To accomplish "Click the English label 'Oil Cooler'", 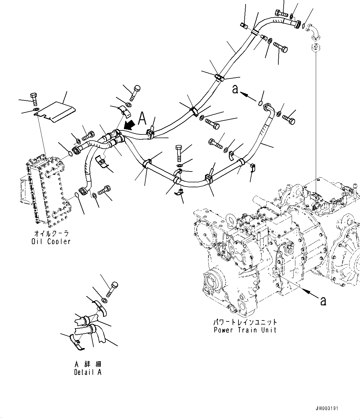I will click(x=51, y=241).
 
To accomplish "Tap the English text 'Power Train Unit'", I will click(x=245, y=330).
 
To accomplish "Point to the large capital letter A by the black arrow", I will click(x=142, y=118).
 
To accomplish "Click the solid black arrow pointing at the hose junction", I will click(x=130, y=125).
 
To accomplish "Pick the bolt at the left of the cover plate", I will click(x=34, y=98).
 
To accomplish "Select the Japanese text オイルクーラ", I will click(x=51, y=234).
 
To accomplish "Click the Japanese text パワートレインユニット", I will click(x=245, y=322).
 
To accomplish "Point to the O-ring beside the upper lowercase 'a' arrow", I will click(x=260, y=103).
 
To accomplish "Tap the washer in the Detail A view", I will click(x=105, y=300).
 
